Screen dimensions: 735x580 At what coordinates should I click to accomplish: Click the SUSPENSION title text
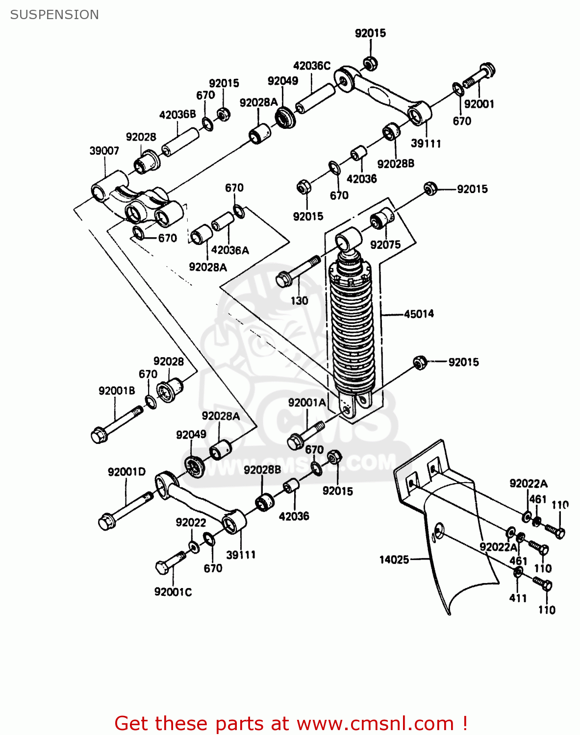(x=54, y=15)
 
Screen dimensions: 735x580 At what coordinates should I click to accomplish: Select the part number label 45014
(x=419, y=314)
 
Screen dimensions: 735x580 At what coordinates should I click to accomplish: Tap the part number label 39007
(x=104, y=151)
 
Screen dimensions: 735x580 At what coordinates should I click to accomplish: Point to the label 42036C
(x=312, y=66)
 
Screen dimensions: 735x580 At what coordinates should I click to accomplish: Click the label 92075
(x=385, y=245)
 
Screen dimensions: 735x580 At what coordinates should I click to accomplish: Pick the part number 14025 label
(x=394, y=560)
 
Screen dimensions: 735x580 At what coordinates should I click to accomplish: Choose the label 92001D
(x=126, y=472)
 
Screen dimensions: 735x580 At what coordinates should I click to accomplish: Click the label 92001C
(x=173, y=592)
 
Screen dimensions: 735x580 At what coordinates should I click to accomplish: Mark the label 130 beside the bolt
(x=299, y=301)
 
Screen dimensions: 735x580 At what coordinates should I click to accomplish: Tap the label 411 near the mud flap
(x=518, y=598)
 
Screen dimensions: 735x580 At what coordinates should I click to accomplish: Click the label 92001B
(x=117, y=391)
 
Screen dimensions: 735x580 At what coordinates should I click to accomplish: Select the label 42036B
(x=177, y=115)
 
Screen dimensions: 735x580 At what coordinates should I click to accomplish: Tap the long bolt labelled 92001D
(x=126, y=510)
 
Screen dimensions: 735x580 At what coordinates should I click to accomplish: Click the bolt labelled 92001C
(x=170, y=563)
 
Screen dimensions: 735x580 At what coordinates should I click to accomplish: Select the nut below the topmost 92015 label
(x=370, y=63)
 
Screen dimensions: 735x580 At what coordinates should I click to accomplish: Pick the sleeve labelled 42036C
(x=315, y=98)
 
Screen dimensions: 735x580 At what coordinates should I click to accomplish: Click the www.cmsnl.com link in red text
(x=375, y=724)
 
